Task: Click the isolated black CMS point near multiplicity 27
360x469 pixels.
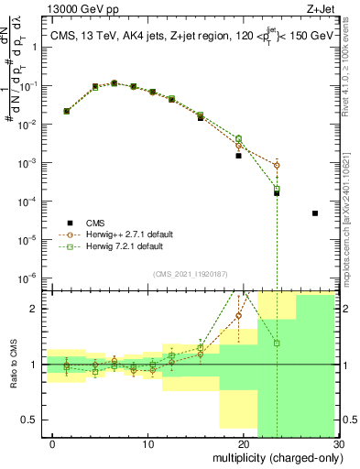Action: click(314, 213)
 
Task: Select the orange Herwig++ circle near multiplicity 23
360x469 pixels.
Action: click(277, 166)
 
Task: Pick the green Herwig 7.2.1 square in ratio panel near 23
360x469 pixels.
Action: click(277, 344)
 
